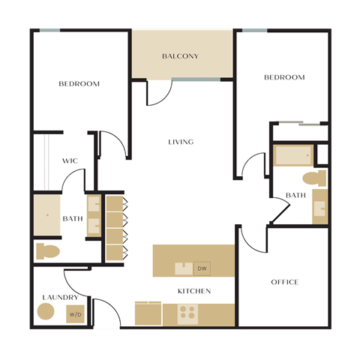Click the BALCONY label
[180, 56]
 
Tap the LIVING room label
[181, 142]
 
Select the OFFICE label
[284, 282]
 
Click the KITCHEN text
[193, 290]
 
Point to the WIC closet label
[70, 161]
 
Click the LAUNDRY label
[60, 297]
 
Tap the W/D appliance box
[76, 315]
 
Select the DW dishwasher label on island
[202, 268]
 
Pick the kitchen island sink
[184, 268]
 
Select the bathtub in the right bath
[293, 155]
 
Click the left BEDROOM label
[79, 84]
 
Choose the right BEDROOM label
[284, 77]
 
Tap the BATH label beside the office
[295, 196]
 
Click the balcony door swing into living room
[158, 93]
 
